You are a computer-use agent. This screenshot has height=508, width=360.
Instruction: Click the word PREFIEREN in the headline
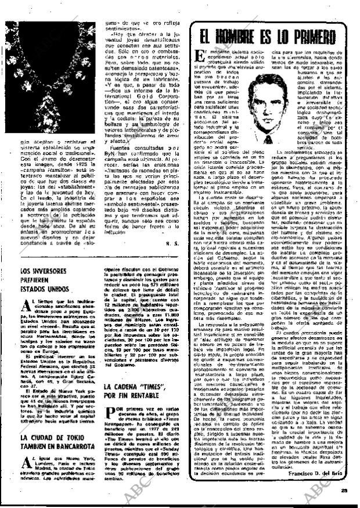[42, 280]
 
